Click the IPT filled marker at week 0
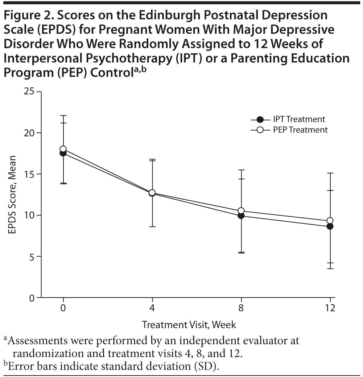(63, 153)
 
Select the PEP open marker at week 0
(63, 149)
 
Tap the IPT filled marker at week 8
(241, 216)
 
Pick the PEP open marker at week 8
(241, 211)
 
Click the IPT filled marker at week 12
(330, 226)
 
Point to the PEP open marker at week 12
(330, 221)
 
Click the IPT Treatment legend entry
(288, 119)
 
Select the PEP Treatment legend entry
(289, 130)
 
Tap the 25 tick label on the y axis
(29, 91)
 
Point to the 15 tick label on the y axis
(29, 174)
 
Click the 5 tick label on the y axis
(32, 257)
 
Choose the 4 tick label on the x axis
(152, 308)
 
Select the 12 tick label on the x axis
(330, 308)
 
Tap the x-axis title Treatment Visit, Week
(189, 324)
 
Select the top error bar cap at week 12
(330, 173)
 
